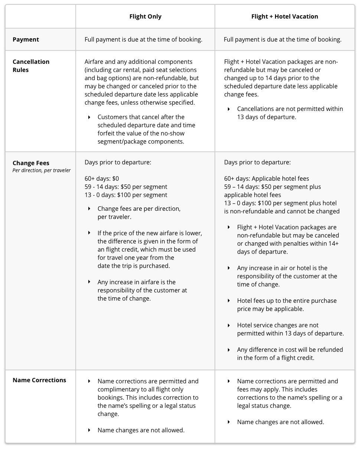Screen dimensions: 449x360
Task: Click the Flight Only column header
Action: click(x=145, y=16)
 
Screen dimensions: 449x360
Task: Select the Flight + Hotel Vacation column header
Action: click(x=285, y=16)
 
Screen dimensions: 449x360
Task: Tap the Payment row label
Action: click(x=26, y=39)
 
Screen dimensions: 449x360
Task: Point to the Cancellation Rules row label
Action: click(x=31, y=66)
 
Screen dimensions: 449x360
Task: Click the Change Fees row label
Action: click(x=31, y=163)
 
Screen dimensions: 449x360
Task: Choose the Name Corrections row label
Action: click(x=39, y=380)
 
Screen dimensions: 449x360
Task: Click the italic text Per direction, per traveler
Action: click(x=42, y=171)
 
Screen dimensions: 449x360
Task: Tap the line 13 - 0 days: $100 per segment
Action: click(x=126, y=195)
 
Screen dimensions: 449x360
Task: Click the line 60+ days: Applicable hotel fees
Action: click(x=266, y=178)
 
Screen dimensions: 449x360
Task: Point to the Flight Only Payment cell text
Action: click(x=144, y=39)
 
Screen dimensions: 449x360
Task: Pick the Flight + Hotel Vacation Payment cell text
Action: click(x=283, y=39)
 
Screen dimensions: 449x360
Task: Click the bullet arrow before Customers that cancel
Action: click(x=89, y=117)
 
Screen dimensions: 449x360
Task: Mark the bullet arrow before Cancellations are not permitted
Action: click(x=229, y=109)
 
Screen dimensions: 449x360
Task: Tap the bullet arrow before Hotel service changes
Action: click(x=229, y=325)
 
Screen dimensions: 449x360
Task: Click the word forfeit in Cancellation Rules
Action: click(x=107, y=133)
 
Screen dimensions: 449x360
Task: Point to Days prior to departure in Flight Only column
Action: click(x=118, y=162)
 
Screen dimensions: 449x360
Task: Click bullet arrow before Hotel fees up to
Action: click(x=229, y=301)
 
